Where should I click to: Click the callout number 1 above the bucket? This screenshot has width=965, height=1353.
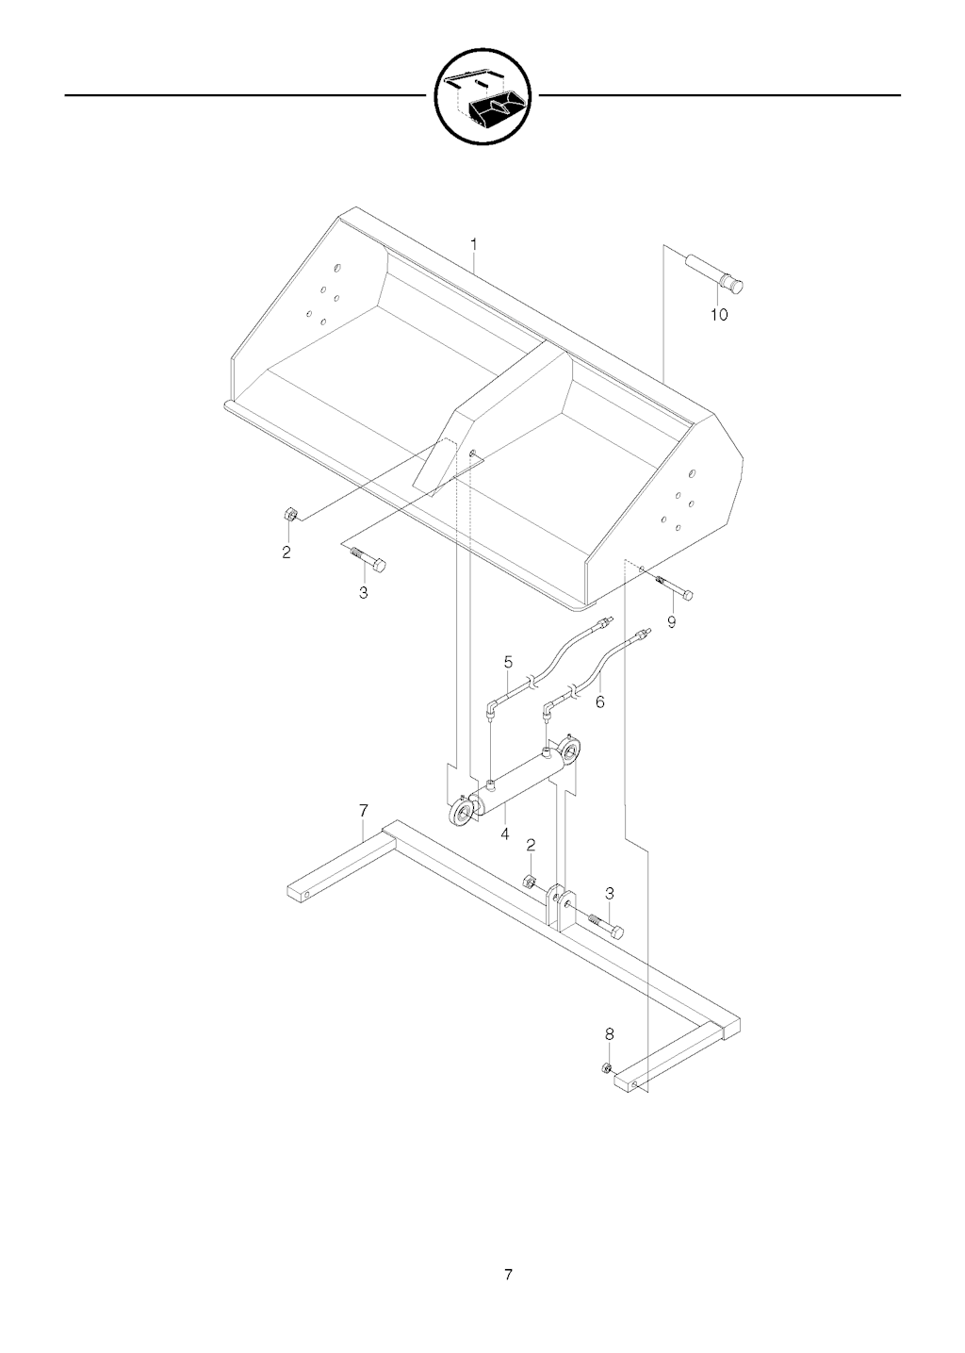[x=473, y=244]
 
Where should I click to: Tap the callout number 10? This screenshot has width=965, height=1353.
[x=719, y=315]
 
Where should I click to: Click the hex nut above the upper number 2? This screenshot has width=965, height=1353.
[x=288, y=514]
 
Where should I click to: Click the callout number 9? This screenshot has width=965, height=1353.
[x=671, y=622]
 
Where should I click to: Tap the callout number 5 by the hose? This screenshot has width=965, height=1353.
[x=508, y=663]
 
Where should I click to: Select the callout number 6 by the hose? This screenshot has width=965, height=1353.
[x=599, y=701]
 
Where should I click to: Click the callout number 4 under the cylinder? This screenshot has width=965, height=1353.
[x=504, y=834]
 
